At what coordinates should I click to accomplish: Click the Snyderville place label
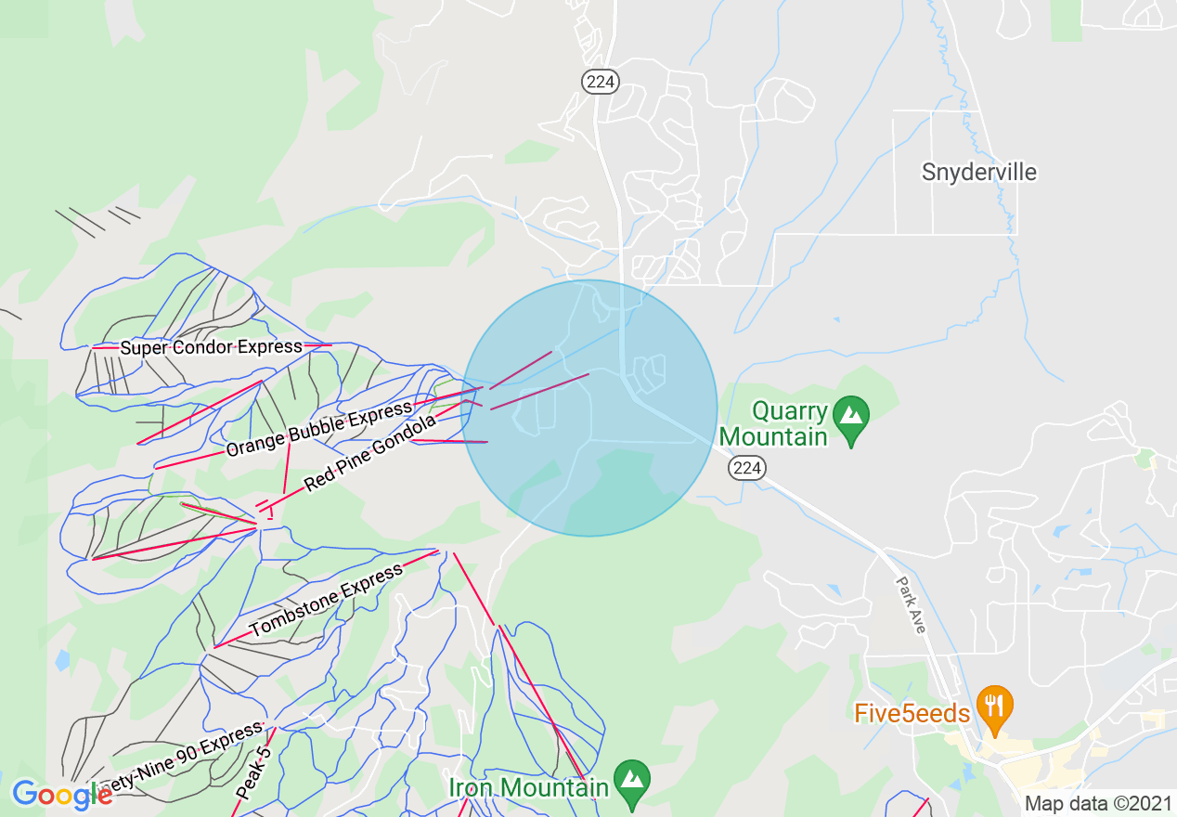click(x=978, y=172)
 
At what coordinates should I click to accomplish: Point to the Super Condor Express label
click(x=211, y=347)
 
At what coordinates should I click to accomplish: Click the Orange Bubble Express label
click(x=318, y=429)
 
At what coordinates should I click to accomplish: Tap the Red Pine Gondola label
click(x=369, y=453)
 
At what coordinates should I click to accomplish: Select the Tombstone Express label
click(x=326, y=601)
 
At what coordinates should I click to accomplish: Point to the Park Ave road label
click(x=911, y=605)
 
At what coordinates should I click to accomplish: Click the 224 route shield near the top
click(x=601, y=82)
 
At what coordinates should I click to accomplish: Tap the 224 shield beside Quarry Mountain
click(x=747, y=468)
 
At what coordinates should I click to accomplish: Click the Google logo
click(x=61, y=795)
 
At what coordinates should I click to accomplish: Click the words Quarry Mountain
click(x=774, y=423)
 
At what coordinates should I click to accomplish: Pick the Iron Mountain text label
click(x=528, y=787)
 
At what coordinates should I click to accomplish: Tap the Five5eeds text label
click(x=912, y=713)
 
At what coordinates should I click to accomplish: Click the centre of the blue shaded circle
click(x=588, y=408)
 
